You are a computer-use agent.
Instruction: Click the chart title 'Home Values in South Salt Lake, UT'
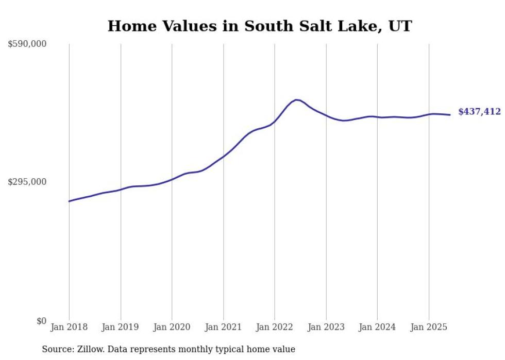coord(259,26)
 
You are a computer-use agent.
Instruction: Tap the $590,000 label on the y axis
coord(27,44)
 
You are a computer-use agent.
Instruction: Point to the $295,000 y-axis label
coord(27,182)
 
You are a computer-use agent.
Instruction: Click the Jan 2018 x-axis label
coord(69,327)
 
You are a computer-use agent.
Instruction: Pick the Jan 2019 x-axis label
coord(121,327)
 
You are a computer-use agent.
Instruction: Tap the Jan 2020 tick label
coord(172,327)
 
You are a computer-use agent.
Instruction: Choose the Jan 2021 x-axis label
coord(223,327)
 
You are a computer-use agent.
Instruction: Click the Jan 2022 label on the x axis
coord(275,327)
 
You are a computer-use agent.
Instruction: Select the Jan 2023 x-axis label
coord(326,327)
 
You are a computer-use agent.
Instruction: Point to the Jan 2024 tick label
coord(377,327)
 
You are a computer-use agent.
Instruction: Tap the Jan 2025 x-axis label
coord(429,327)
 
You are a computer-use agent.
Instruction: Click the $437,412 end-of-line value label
coord(479,112)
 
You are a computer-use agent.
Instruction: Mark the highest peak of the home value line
coord(296,99)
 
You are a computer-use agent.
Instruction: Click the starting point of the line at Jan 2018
coord(69,201)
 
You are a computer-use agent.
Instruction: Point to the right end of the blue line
coord(450,115)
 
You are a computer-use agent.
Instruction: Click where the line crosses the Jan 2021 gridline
coord(223,156)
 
